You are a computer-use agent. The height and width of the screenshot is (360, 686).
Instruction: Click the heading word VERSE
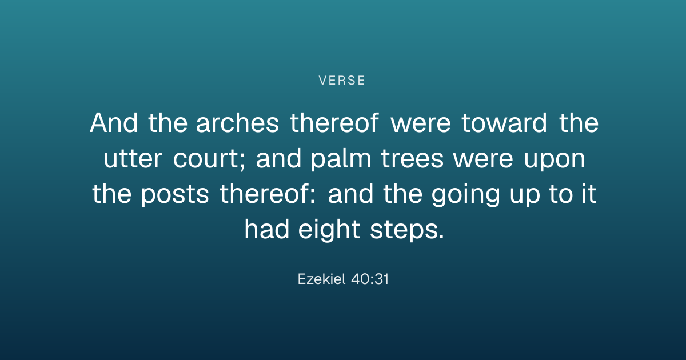click(x=342, y=81)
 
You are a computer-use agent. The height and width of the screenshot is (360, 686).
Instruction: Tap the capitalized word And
click(x=114, y=123)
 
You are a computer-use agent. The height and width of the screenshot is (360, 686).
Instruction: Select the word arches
click(x=237, y=123)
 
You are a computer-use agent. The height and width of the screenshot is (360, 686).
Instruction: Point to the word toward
click(x=504, y=123)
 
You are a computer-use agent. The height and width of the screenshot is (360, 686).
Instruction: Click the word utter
click(x=133, y=159)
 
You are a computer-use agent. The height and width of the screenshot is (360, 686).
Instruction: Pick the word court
click(x=206, y=159)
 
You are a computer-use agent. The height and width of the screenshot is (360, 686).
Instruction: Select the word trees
click(x=412, y=159)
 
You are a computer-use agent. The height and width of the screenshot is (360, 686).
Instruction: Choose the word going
click(x=466, y=195)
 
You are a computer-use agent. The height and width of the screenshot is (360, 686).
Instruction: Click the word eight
click(x=329, y=230)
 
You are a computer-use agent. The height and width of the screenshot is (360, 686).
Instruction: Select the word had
click(x=267, y=230)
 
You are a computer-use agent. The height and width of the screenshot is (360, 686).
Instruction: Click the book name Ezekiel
click(x=321, y=279)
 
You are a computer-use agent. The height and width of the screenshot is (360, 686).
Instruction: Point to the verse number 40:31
click(x=370, y=279)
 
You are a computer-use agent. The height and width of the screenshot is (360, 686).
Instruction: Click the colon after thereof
click(x=312, y=196)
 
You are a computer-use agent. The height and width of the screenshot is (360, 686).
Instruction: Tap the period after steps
click(x=441, y=237)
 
